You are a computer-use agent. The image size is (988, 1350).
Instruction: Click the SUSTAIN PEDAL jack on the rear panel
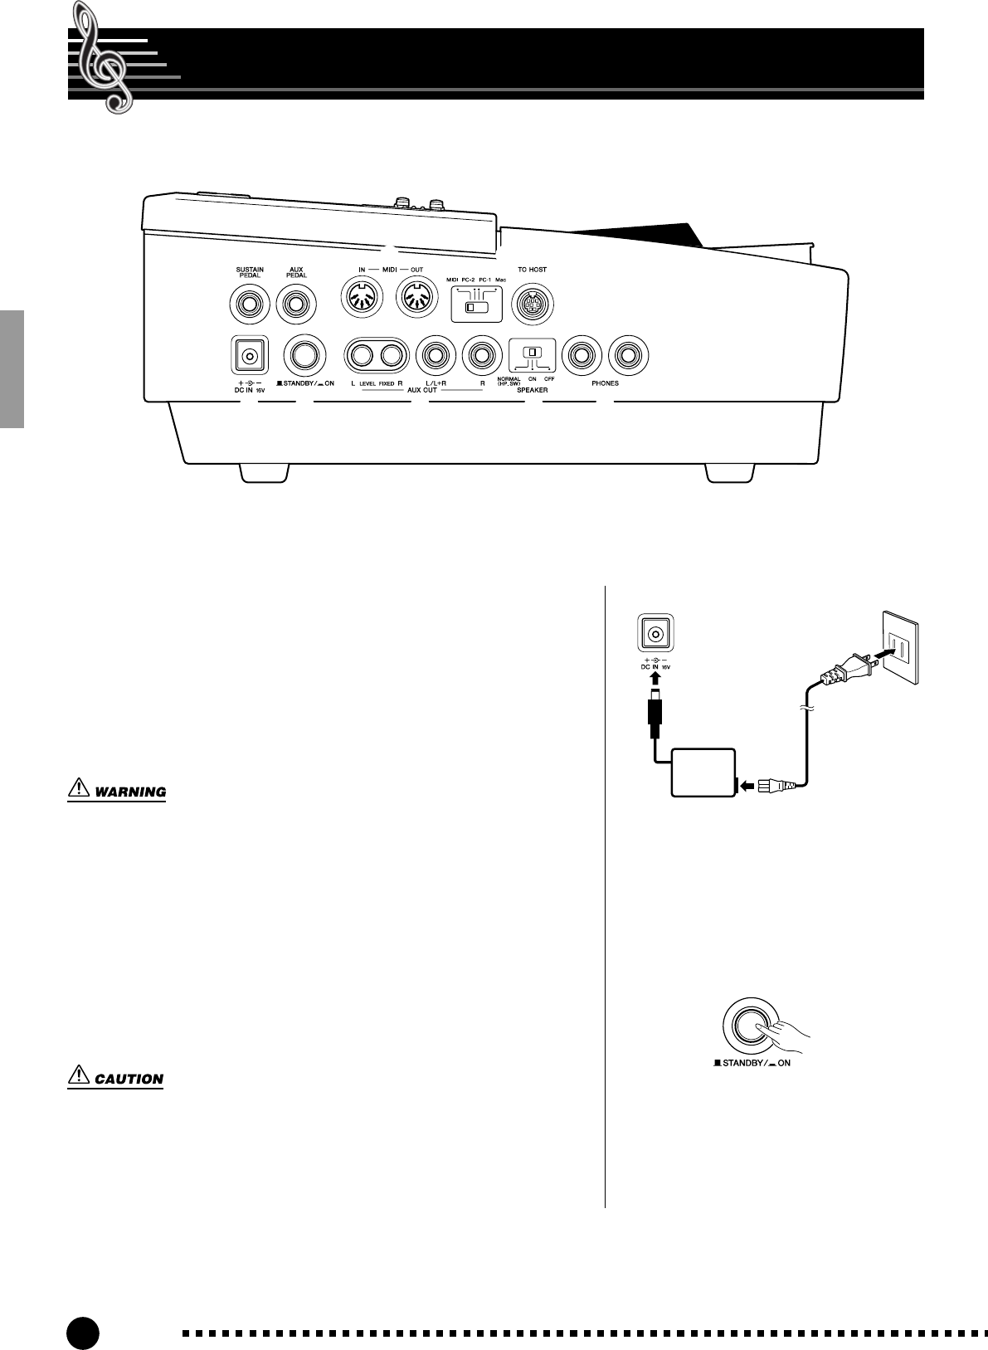(249, 305)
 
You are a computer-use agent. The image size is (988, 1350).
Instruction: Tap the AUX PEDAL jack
(296, 305)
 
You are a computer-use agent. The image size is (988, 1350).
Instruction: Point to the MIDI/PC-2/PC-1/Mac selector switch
(475, 307)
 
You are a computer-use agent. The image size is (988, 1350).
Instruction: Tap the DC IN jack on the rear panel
(248, 356)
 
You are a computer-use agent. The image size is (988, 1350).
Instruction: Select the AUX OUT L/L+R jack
(435, 356)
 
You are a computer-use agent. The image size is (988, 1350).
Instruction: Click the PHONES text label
(605, 383)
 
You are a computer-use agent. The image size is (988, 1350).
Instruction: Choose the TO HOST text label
(533, 270)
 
